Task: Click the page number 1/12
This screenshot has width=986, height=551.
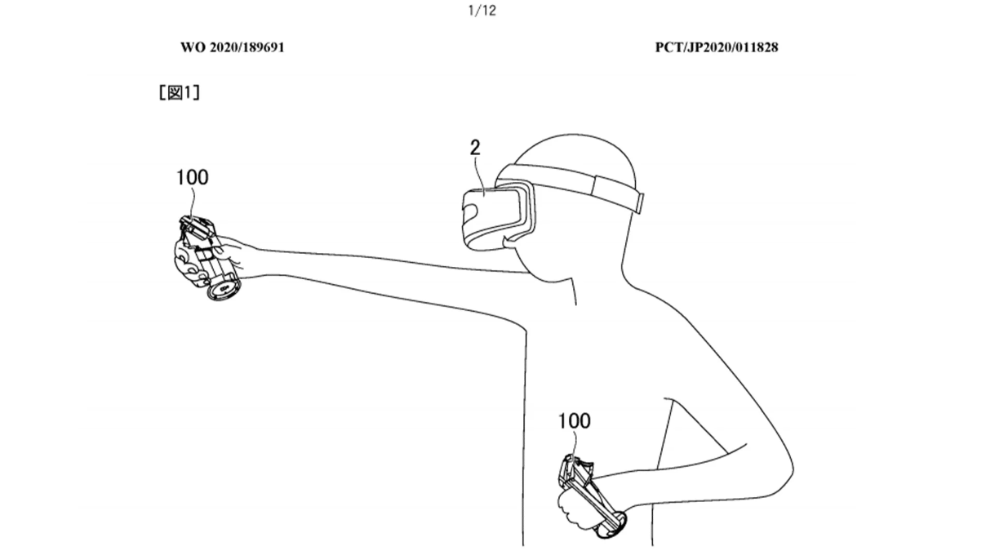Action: point(482,11)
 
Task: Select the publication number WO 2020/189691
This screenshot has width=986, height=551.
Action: point(233,47)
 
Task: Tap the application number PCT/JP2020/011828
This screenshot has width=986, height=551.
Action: point(717,47)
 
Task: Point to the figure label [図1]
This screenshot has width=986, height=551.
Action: point(180,92)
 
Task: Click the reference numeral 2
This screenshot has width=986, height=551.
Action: point(474,148)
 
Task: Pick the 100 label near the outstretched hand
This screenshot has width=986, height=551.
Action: point(193,177)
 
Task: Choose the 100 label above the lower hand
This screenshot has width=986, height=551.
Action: point(575,420)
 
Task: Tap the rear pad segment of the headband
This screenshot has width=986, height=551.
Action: point(619,193)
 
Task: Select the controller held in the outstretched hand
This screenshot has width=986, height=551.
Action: point(207,257)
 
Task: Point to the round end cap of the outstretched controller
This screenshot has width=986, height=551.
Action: point(224,288)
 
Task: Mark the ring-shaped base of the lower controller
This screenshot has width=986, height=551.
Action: point(612,525)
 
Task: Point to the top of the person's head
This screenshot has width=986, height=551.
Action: point(572,135)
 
